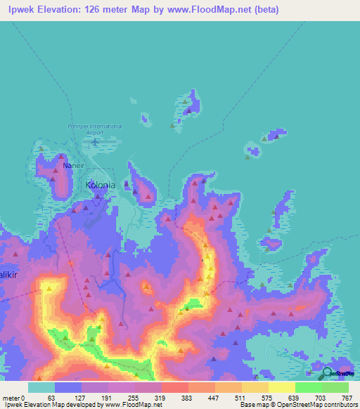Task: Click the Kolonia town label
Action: pos(100,186)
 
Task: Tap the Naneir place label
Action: pos(74,166)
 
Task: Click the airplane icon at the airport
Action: pos(94,141)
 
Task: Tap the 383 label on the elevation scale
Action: pos(186,397)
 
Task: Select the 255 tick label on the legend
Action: pos(131,397)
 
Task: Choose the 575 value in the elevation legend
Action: pos(266,397)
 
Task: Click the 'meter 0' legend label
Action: pos(12,397)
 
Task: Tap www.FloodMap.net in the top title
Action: pos(213,10)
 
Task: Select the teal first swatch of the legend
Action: pos(41,387)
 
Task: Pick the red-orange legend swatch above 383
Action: pos(175,387)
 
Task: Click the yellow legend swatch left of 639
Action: pos(282,387)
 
